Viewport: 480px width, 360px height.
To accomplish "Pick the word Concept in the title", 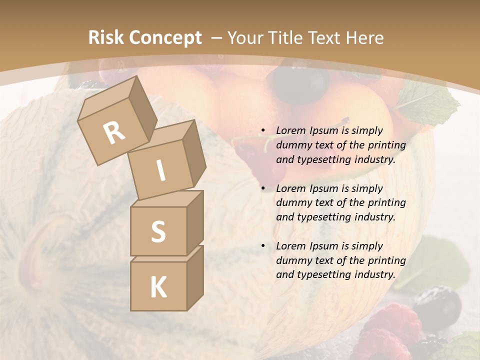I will (x=164, y=38).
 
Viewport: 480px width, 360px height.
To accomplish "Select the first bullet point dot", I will (x=262, y=131).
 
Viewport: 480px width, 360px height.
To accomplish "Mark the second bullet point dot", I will (x=262, y=189).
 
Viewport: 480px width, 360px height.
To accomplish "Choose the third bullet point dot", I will (x=262, y=246).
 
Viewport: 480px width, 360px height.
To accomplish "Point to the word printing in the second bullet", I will (x=386, y=203).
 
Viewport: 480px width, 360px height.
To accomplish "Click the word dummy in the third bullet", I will (x=292, y=260).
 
